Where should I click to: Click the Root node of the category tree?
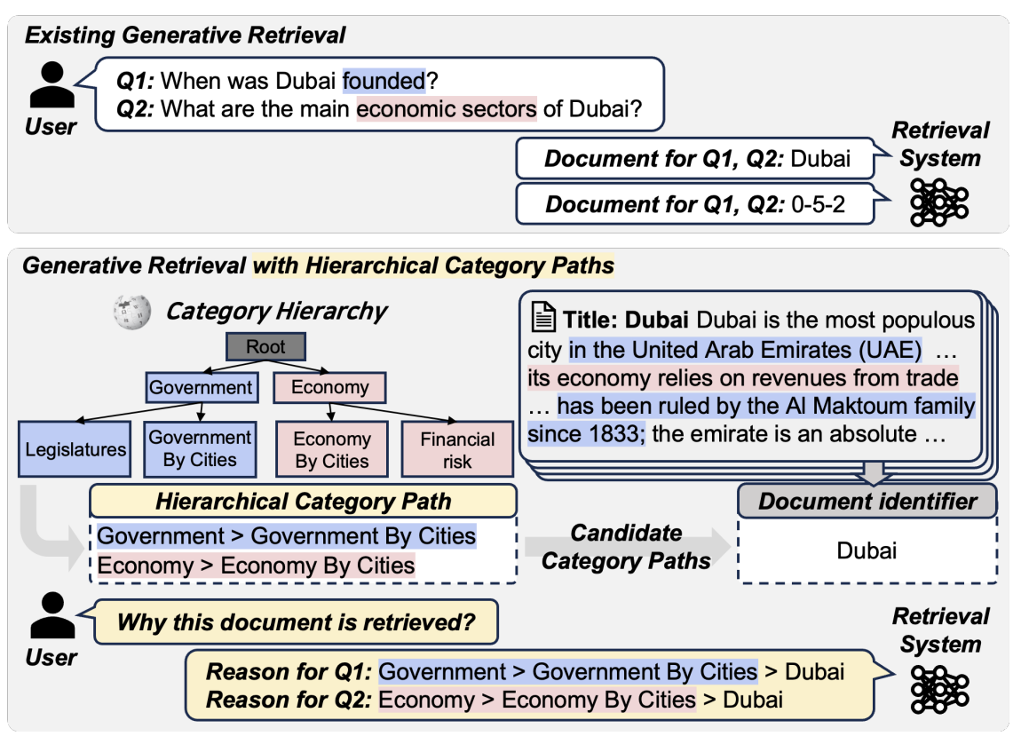265,347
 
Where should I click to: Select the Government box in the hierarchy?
201,387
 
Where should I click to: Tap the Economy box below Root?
329,387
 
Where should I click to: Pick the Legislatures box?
75,449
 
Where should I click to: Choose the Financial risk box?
457,450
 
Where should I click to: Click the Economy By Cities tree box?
332,450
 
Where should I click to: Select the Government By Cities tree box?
201,448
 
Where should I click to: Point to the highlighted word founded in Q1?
384,82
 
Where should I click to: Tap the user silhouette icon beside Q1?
51,87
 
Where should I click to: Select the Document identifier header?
867,502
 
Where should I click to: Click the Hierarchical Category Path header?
303,502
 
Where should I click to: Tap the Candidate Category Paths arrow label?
627,546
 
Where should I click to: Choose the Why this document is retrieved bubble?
296,622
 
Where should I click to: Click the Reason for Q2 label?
289,700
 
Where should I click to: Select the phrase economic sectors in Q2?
447,110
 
